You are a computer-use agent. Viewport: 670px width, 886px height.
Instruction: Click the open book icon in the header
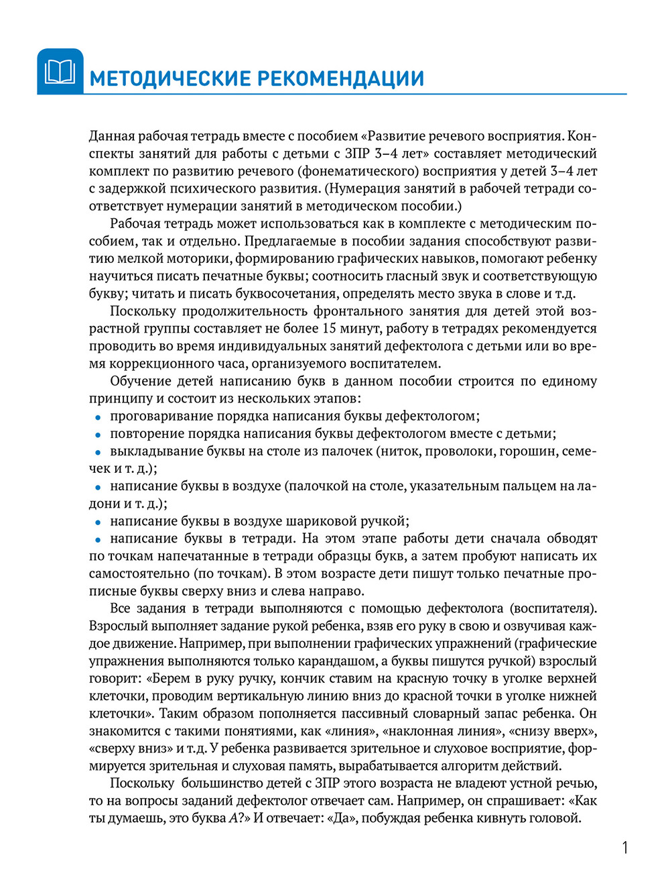(x=60, y=72)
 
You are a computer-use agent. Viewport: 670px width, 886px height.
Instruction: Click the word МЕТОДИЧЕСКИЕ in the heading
(x=167, y=78)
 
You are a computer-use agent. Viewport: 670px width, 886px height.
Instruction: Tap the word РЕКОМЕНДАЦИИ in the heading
(x=340, y=78)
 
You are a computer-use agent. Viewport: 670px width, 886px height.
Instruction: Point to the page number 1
(x=625, y=848)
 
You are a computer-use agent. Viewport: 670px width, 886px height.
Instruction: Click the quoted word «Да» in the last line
(x=340, y=818)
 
